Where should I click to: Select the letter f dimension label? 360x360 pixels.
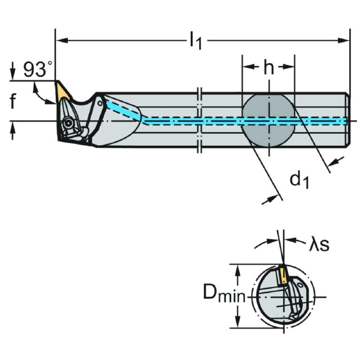coord(13,102)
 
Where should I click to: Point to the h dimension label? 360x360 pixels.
coord(268,67)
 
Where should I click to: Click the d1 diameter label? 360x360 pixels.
coord(300,179)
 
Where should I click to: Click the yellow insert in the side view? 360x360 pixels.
coord(62,92)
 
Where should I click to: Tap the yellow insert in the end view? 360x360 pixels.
coord(281,275)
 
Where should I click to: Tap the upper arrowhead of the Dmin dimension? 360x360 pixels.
coord(239,268)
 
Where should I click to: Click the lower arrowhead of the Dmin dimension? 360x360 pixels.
coord(239,323)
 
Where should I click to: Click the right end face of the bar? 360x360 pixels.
coord(347,120)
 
